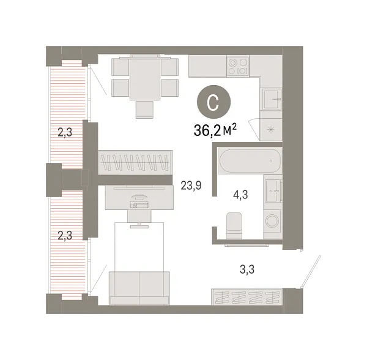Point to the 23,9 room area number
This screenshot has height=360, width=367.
[191, 182]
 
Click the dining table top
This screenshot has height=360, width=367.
[144, 79]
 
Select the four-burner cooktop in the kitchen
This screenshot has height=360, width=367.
[237, 66]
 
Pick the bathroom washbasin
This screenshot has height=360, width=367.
[272, 190]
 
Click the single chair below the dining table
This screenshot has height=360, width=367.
[145, 108]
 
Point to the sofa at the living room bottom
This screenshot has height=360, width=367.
[139, 287]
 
